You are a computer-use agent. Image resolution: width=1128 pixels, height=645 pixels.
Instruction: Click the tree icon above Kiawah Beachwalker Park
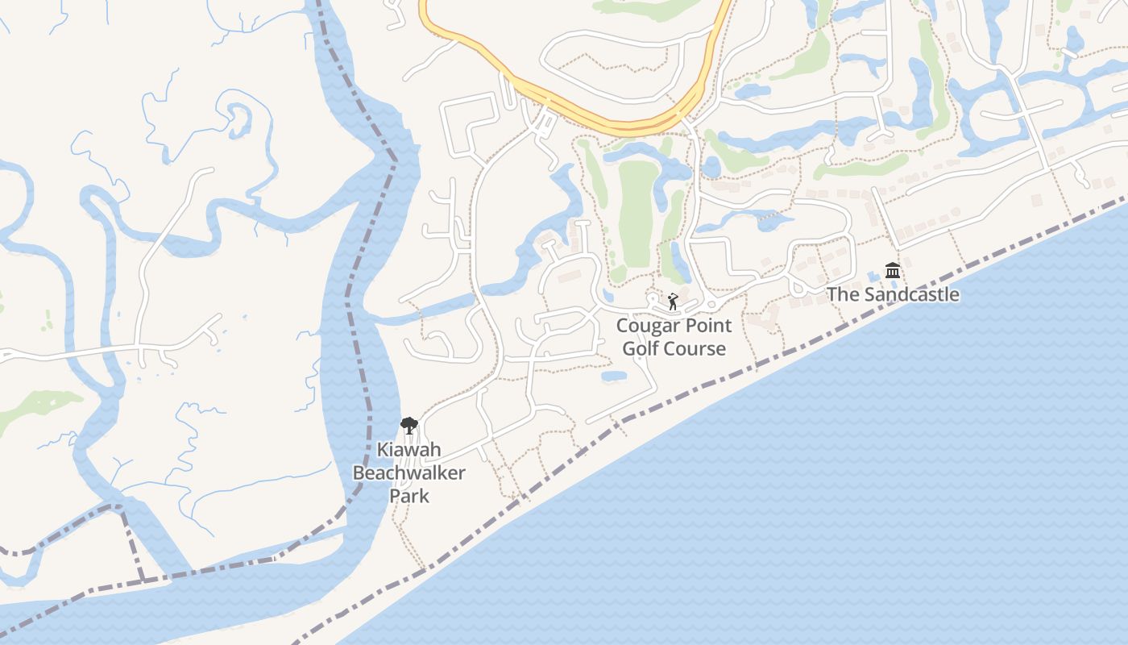pyautogui.click(x=409, y=425)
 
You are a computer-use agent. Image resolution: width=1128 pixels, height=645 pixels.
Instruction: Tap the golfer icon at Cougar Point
pyautogui.click(x=673, y=302)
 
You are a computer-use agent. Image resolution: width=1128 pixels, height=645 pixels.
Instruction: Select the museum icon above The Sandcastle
pyautogui.click(x=893, y=271)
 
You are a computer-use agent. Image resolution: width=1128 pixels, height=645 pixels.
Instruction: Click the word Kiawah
pyautogui.click(x=408, y=450)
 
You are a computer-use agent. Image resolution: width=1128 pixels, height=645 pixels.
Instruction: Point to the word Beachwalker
pyautogui.click(x=408, y=472)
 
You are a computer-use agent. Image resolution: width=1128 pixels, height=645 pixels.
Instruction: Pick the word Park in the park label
pyautogui.click(x=408, y=495)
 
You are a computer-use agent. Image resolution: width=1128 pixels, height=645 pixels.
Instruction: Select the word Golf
pyautogui.click(x=641, y=348)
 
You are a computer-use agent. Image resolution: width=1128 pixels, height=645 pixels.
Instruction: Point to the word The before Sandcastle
pyautogui.click(x=844, y=294)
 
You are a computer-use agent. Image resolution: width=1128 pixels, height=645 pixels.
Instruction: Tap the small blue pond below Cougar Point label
pyautogui.click(x=614, y=376)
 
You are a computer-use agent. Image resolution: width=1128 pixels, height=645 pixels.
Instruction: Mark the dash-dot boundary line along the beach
pyautogui.click(x=806, y=343)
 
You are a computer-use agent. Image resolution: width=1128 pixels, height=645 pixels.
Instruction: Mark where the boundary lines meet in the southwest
pyautogui.click(x=121, y=508)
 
